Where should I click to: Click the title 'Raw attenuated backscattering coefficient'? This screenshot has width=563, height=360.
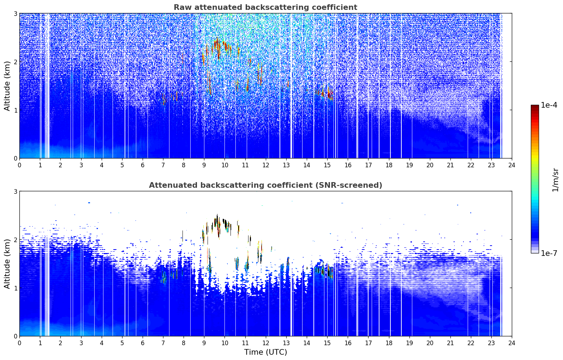tap(265, 7)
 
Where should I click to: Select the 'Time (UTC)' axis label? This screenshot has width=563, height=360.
tap(265, 352)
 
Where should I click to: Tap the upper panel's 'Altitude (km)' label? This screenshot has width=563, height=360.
tap(7, 86)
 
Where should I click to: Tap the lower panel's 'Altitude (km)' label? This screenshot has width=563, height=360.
tap(7, 264)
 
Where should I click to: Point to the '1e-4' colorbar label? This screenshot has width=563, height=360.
tap(549, 105)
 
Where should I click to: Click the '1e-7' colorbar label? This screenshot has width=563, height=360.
tap(549, 253)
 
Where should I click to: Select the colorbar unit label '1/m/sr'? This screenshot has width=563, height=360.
tap(555, 180)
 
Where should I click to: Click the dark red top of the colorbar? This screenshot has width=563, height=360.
tap(535, 107)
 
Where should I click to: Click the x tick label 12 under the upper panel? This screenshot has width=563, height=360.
tap(266, 165)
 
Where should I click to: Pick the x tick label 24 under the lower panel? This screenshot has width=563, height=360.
tap(512, 343)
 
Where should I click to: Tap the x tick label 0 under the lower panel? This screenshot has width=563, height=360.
tap(20, 343)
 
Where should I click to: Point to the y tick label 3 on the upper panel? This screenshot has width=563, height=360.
tap(15, 13)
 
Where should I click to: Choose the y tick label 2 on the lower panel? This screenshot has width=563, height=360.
tap(15, 240)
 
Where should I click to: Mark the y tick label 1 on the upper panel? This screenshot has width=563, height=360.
tap(15, 110)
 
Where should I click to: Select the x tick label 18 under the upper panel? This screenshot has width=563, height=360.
tap(389, 165)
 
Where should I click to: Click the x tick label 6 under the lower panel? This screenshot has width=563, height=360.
tap(143, 343)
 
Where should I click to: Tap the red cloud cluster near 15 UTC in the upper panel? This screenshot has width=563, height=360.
tap(325, 93)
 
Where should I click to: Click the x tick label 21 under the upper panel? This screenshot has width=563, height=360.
tap(450, 165)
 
